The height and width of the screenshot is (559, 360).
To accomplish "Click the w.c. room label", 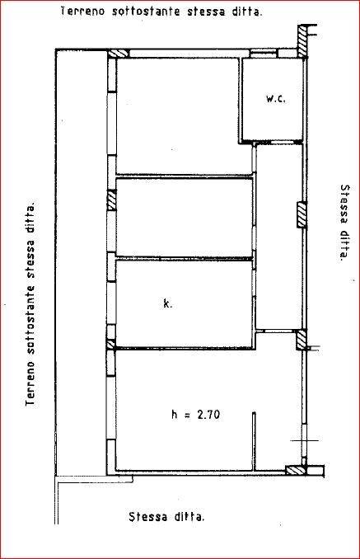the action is coord(276,99).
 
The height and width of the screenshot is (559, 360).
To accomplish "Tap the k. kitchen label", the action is coord(167,303).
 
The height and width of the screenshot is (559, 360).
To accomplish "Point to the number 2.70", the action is coord(208,415).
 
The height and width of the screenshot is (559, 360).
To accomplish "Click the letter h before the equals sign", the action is coord(175,415).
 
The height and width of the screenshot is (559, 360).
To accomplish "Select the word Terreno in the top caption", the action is coord(82,11).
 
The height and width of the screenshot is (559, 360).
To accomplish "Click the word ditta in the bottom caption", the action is coord(191,517).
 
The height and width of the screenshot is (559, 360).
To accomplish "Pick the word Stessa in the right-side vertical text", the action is coord(345,204).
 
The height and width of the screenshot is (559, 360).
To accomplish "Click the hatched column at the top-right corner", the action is coord(302,40).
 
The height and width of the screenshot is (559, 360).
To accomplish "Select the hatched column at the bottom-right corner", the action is coord(296,470).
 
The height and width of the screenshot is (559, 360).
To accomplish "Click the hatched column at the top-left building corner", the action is coord(118,54).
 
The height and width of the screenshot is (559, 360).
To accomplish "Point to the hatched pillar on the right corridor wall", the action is coord(302,215).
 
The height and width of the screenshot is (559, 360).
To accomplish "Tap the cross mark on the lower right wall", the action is coord(304,440).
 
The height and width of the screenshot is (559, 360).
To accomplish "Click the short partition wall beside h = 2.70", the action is coord(254,441).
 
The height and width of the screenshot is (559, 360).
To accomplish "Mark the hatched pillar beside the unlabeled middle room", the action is coord(112,200).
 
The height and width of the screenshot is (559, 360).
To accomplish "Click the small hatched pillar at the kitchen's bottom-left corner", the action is coord(110,344).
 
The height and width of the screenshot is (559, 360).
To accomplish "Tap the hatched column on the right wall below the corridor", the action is coord(302,341).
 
